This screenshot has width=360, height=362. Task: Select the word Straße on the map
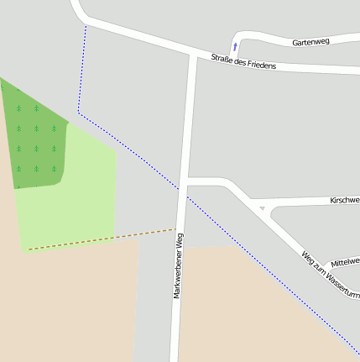222,59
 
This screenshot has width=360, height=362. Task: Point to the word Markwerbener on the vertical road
178,273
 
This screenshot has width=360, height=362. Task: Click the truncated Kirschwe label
344,201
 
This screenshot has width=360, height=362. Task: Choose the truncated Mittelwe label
345,263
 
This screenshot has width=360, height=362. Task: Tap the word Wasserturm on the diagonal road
343,284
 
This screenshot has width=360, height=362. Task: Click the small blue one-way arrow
235,46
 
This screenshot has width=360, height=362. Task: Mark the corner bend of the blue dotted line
79,112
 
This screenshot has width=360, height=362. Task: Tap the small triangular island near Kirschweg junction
263,207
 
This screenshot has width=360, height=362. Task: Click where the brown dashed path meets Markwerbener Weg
177,228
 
